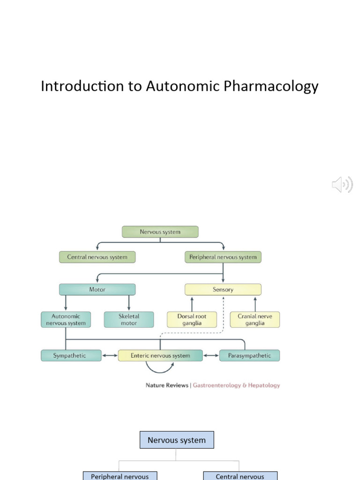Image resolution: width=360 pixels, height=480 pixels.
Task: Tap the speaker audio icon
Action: tap(342, 185)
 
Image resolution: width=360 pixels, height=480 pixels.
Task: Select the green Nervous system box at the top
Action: tap(160, 232)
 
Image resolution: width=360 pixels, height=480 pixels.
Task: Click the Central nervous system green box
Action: tap(97, 257)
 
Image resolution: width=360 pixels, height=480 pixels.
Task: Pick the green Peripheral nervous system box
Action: tap(223, 257)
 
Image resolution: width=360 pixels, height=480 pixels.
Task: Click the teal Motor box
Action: tap(97, 289)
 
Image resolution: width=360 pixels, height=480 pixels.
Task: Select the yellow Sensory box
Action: tap(223, 289)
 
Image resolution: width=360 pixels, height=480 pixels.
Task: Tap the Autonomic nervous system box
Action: tap(66, 320)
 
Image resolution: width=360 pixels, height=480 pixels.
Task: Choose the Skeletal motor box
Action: tap(129, 320)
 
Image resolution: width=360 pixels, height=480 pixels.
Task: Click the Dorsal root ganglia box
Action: tap(192, 320)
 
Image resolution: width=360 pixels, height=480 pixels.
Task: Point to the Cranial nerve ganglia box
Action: tap(255, 320)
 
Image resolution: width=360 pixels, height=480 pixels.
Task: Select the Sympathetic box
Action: tap(71, 355)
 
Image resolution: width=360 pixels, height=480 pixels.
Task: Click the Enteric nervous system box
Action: tap(160, 355)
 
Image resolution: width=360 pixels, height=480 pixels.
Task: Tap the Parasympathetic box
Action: tap(249, 355)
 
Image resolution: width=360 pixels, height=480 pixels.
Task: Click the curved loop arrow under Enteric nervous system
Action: tap(160, 369)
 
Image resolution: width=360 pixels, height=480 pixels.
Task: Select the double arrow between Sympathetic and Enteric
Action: tap(110, 355)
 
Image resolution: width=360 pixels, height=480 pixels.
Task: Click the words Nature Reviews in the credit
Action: tap(167, 385)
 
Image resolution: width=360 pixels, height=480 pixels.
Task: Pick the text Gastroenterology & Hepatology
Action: tap(236, 385)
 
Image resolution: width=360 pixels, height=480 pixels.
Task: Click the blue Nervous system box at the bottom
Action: tap(177, 440)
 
